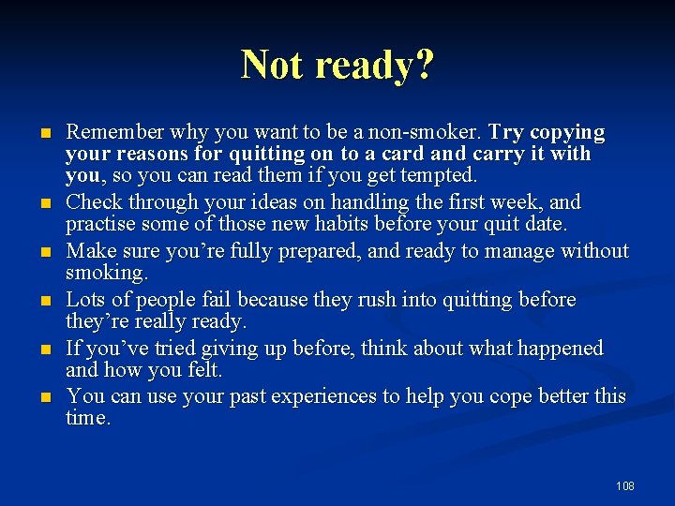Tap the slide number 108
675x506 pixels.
624,485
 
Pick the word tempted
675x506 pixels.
442,175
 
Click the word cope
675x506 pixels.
520,396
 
